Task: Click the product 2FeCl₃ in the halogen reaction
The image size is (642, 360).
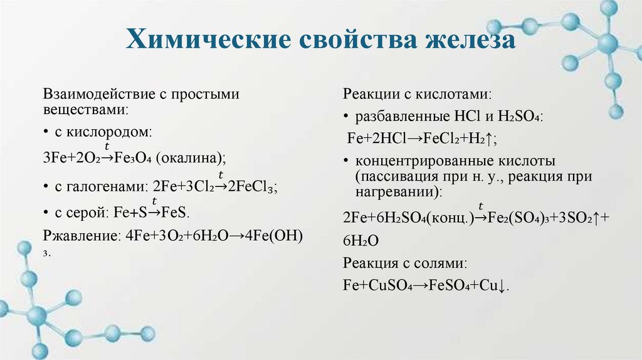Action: (x=254, y=187)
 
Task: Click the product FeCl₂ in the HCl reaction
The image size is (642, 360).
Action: (x=433, y=138)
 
